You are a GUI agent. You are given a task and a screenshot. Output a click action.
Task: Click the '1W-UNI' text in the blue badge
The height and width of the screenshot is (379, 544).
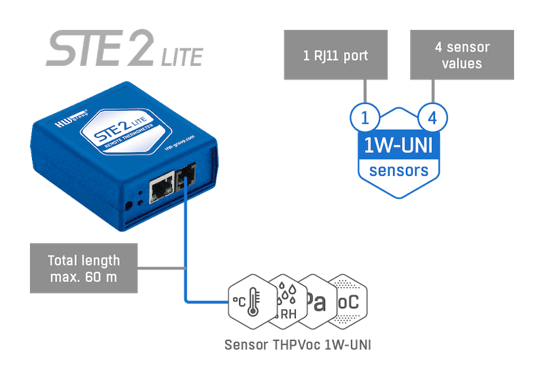(398, 145)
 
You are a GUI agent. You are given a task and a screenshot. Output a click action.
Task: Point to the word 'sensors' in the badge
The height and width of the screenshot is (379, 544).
(398, 169)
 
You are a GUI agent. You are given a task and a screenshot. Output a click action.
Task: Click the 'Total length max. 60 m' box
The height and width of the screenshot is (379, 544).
(83, 268)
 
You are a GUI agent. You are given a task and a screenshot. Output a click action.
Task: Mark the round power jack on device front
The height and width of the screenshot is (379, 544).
(129, 204)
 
